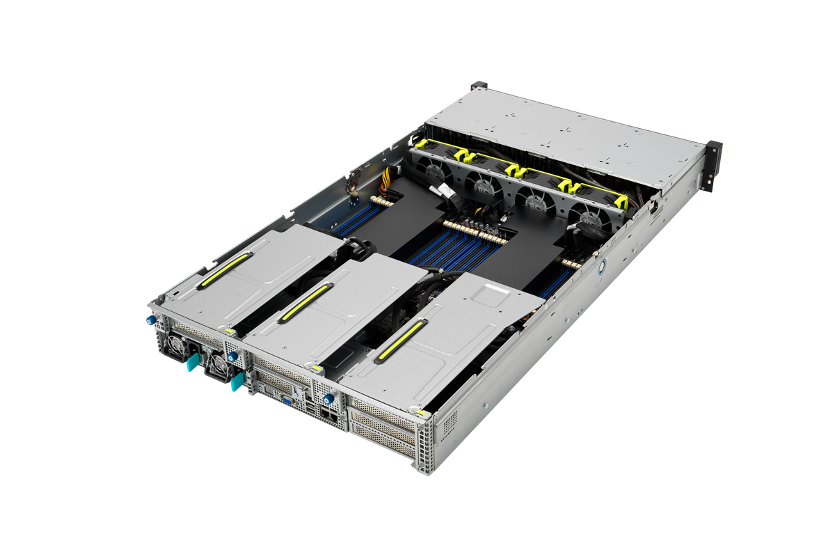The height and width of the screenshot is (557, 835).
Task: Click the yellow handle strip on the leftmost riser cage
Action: (223, 270)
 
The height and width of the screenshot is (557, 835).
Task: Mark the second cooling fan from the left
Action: (484, 186)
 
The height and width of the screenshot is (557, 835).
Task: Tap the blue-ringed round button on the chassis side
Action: (603, 265)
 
